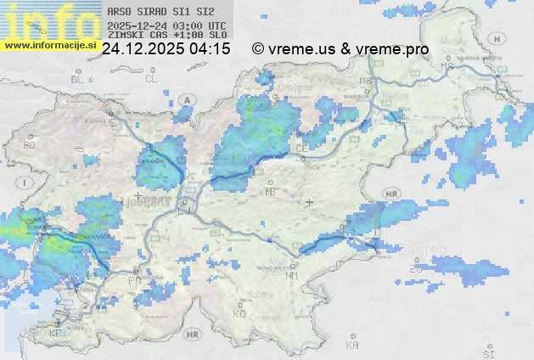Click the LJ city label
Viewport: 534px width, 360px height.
coord(184,210)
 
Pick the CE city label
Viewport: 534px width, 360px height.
coord(301,149)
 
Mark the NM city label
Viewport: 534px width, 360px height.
coord(292,276)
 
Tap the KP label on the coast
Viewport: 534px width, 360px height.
coord(56,334)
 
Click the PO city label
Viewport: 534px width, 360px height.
coord(134,281)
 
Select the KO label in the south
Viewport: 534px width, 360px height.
coord(239,313)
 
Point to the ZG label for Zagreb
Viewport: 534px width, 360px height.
coord(415,269)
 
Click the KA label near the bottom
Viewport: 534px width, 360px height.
coord(352,345)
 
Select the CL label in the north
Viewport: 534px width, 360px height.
coord(151,78)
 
